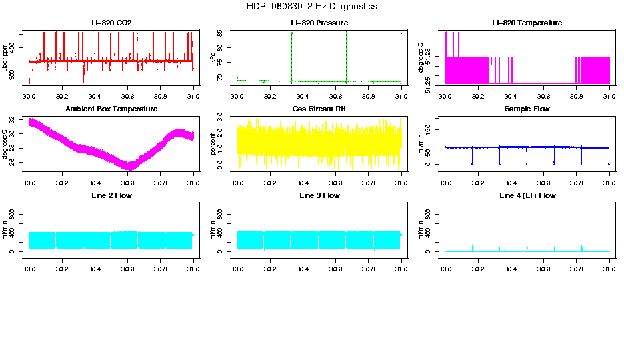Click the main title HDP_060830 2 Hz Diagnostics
[311, 7]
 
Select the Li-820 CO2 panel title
[111, 23]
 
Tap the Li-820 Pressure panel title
[319, 23]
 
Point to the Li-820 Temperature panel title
[527, 23]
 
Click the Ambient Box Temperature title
[111, 109]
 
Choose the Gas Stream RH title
[319, 109]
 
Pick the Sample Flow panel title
[527, 109]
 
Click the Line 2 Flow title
[111, 195]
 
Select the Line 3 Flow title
[319, 195]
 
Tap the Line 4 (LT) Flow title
[527, 195]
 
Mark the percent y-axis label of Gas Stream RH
[213, 143]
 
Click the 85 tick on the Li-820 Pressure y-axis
[223, 33]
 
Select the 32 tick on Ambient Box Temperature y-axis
[15, 121]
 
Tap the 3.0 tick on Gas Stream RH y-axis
[223, 115]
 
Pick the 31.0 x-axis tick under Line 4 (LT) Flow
[609, 268]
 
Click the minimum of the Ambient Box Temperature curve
[129, 166]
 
